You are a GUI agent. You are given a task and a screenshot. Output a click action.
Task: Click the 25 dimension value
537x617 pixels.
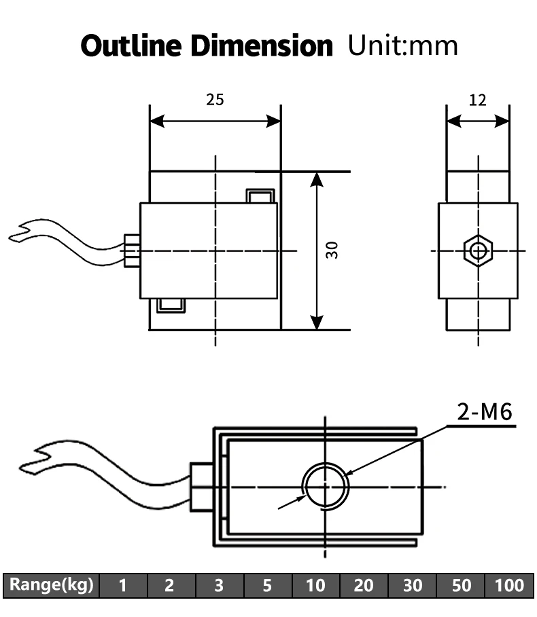(x=215, y=100)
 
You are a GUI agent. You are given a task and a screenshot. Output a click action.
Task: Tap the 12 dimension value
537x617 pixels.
(x=477, y=100)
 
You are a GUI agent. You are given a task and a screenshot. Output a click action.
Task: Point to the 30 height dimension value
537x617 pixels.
(x=332, y=250)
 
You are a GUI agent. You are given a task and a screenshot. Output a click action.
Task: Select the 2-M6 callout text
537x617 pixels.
(x=485, y=412)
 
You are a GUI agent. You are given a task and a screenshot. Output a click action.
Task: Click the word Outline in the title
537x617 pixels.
(x=131, y=45)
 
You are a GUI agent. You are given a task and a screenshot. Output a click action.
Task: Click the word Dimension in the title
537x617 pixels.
(x=262, y=45)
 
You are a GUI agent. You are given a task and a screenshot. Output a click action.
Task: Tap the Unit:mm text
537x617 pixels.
(x=403, y=45)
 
